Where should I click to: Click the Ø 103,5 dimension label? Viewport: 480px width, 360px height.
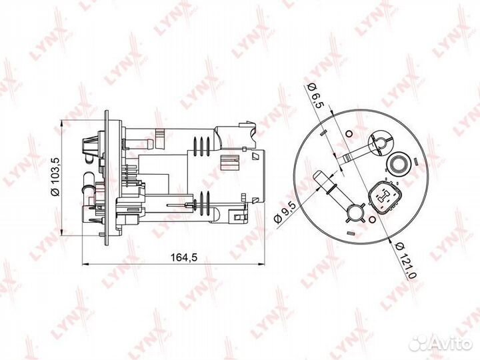[56, 177]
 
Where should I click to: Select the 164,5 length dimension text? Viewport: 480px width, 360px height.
[184, 257]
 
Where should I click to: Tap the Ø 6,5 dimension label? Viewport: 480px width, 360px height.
[315, 95]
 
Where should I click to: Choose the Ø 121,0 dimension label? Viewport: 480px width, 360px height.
[406, 260]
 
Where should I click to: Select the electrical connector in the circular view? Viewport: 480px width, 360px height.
[385, 198]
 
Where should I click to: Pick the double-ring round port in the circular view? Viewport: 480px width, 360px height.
[398, 163]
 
